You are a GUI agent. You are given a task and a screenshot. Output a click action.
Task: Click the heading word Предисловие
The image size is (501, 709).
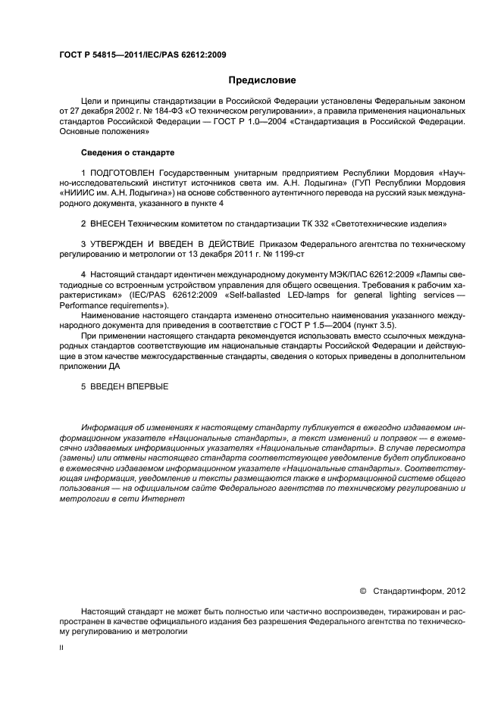(262, 80)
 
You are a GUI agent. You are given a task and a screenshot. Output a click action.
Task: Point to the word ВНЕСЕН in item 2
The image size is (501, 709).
(108, 223)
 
